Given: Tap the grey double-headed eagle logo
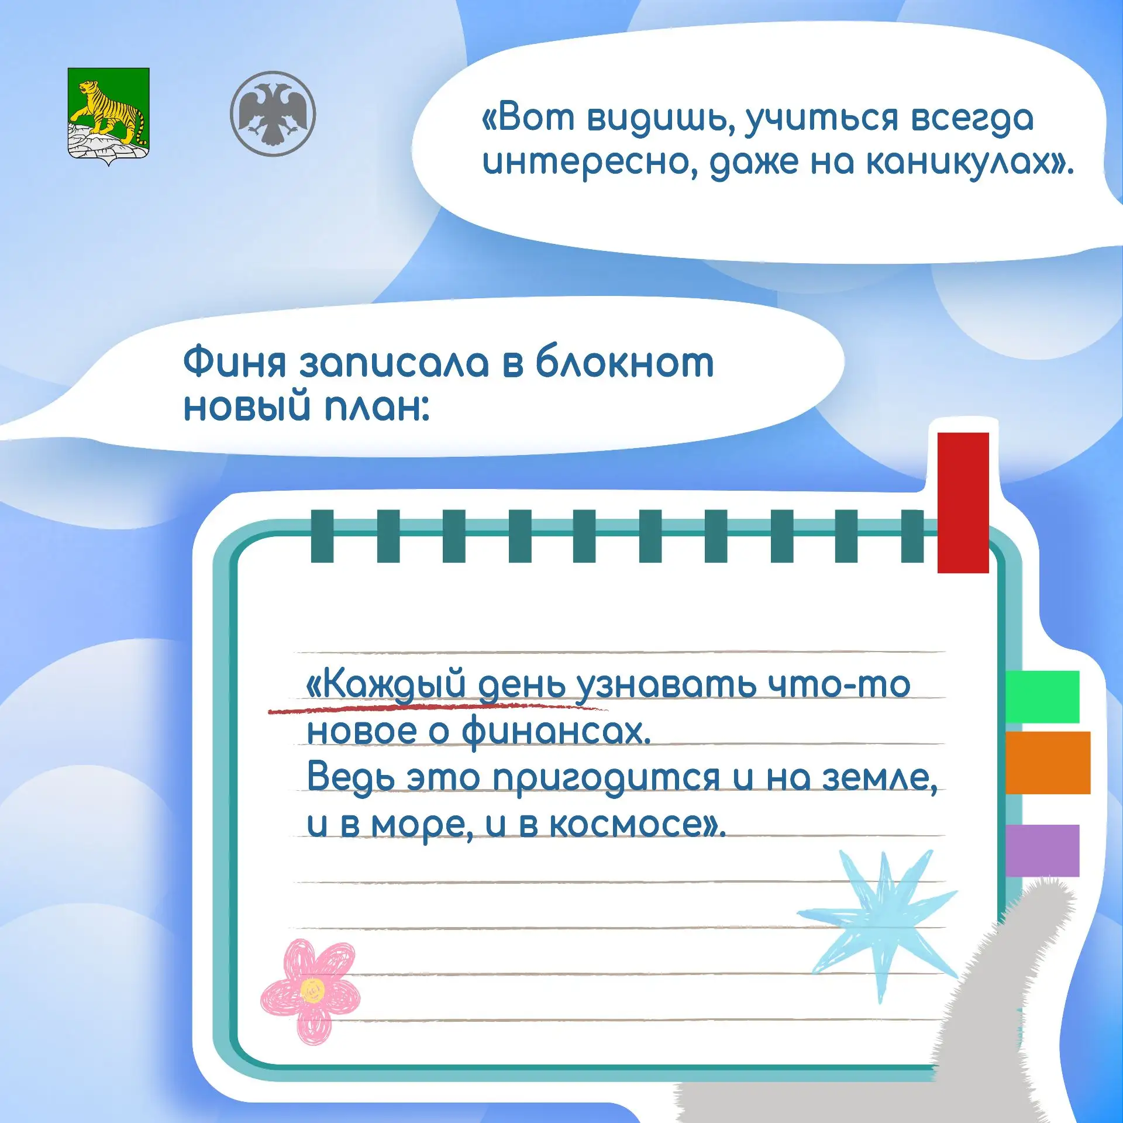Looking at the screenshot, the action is (x=273, y=113).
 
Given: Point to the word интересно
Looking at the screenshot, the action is (x=590, y=163).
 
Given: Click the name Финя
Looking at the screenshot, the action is (x=235, y=363).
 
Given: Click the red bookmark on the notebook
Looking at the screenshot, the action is (x=963, y=502).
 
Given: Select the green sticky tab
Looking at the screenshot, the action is (x=1042, y=697).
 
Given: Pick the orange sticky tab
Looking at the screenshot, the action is (x=1048, y=762).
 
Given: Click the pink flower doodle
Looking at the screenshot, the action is (x=310, y=991).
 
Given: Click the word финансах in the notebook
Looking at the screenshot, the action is (x=556, y=731).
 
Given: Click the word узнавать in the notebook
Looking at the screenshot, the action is (x=666, y=685).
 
